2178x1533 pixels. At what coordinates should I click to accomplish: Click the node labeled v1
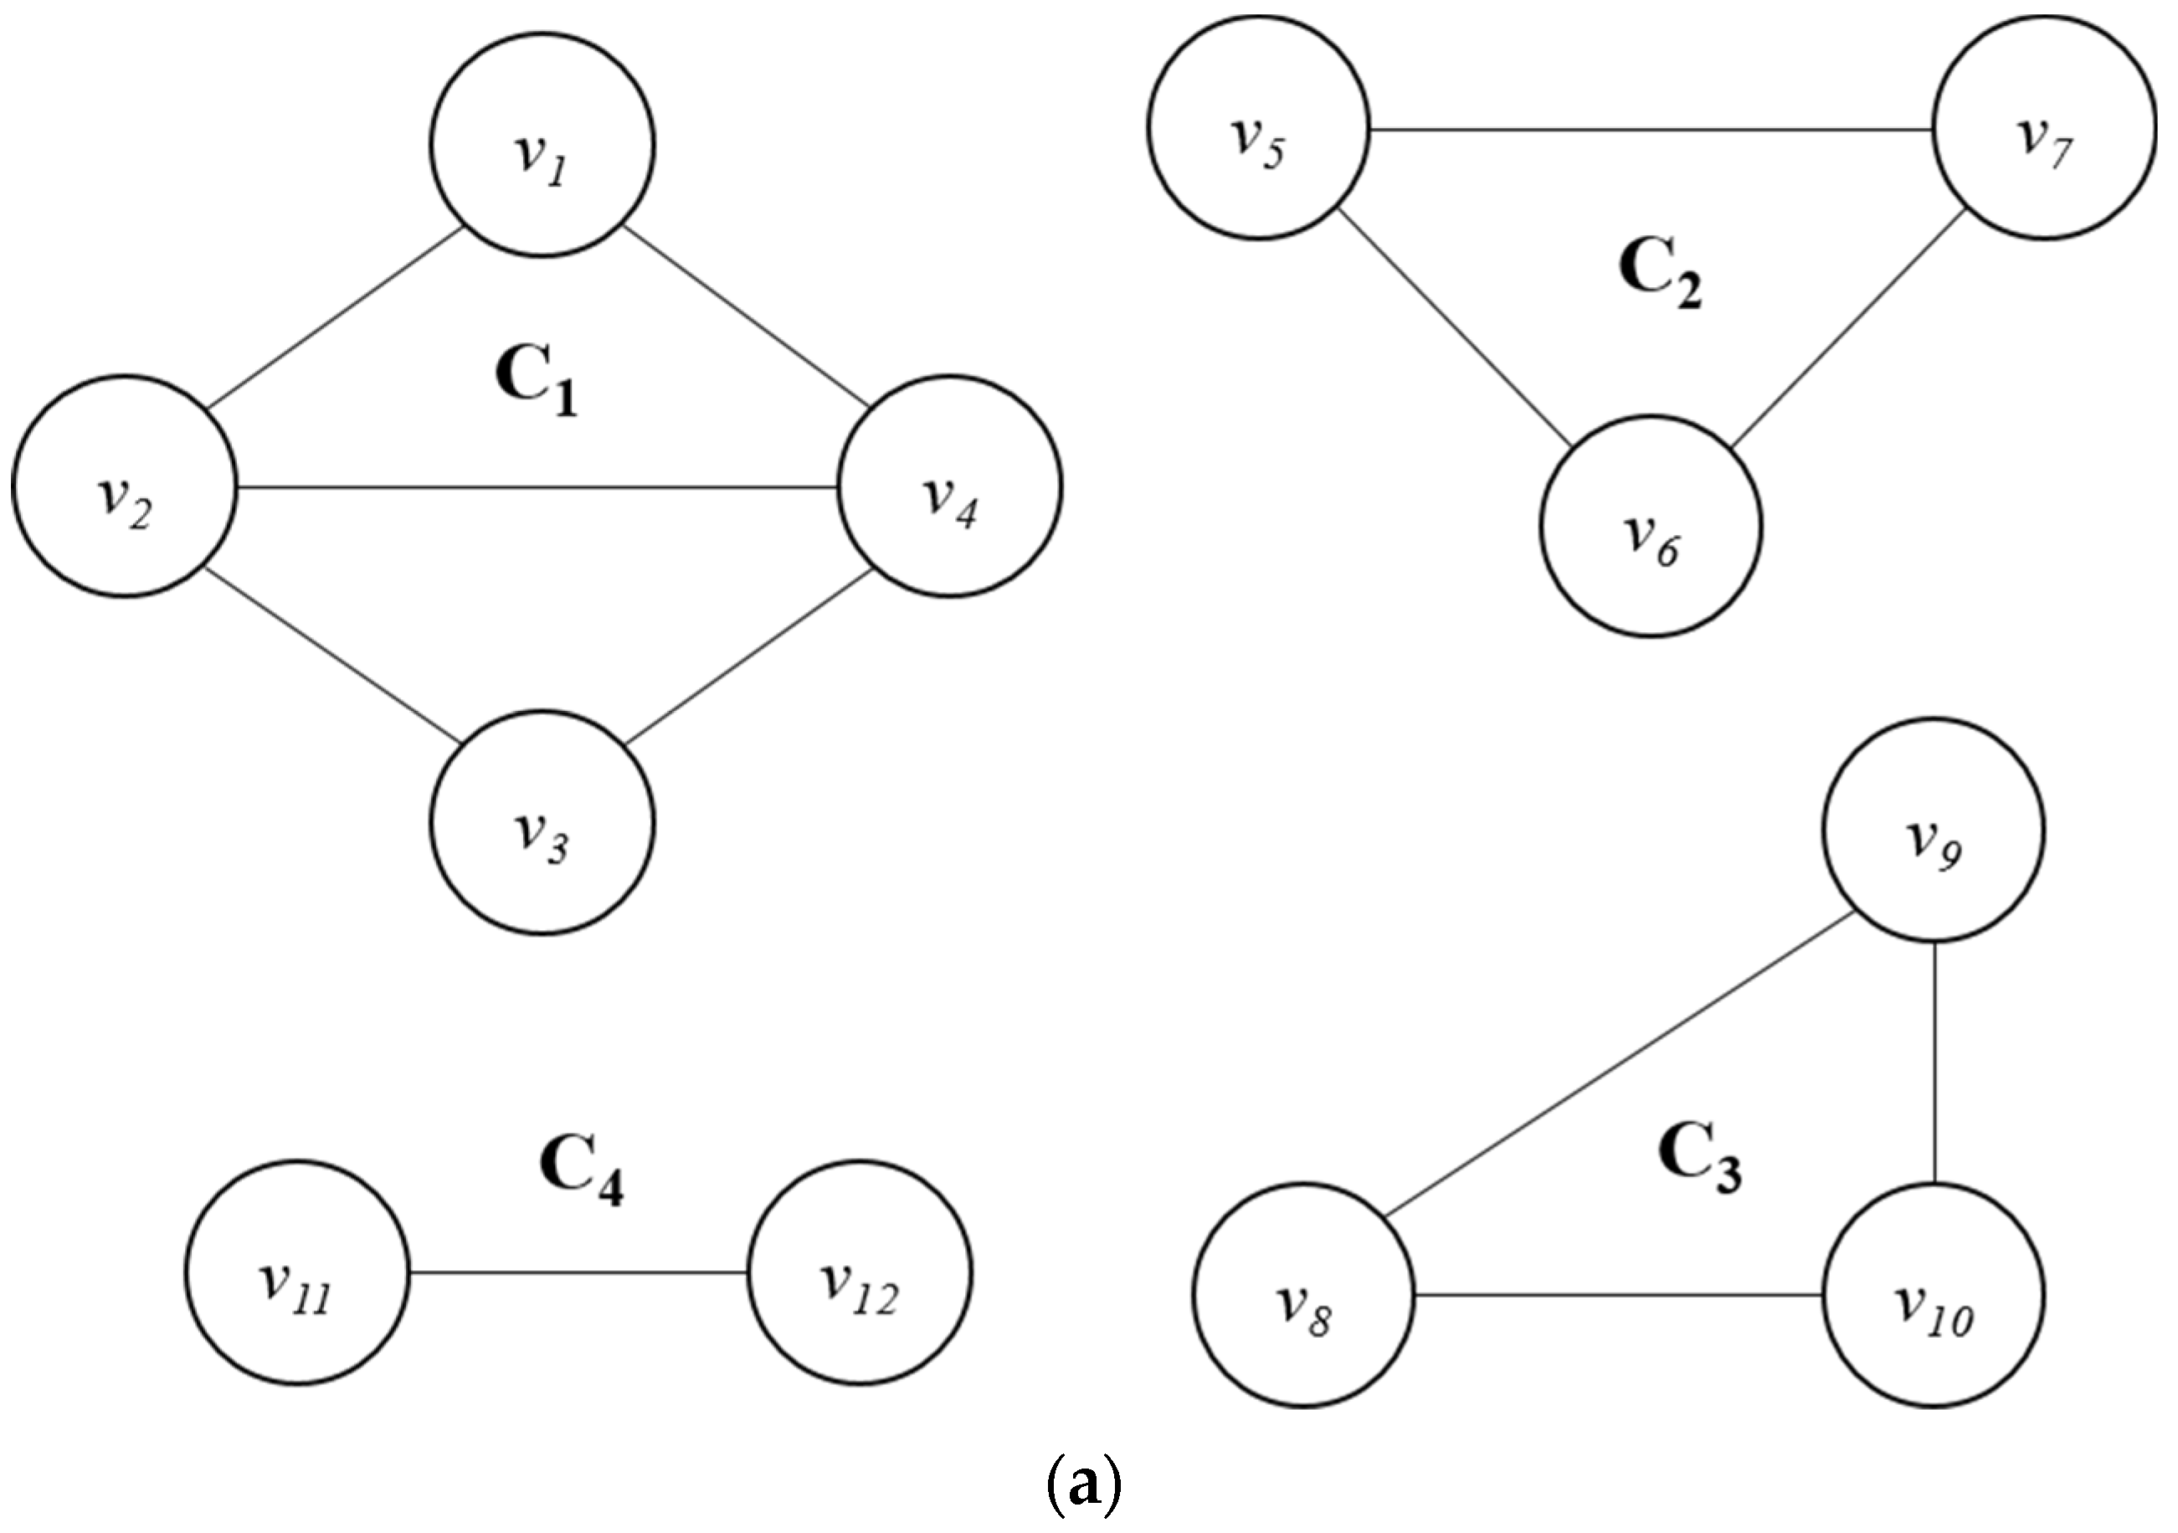coord(542,145)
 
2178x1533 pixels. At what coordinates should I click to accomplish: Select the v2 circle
coord(124,486)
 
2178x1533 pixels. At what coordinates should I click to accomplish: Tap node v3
coord(542,822)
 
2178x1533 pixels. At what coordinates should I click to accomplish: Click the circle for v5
coord(1259,128)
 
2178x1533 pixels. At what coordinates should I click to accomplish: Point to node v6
coord(1651,526)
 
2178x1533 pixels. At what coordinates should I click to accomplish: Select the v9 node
coord(1935,830)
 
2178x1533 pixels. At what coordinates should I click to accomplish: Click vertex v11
coord(297,1273)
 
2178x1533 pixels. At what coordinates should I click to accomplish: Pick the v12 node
coord(860,1273)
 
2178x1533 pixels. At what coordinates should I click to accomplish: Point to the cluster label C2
coord(1660,275)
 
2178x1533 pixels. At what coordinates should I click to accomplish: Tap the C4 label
coord(582,1171)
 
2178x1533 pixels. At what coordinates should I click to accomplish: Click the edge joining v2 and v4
coord(536,487)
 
